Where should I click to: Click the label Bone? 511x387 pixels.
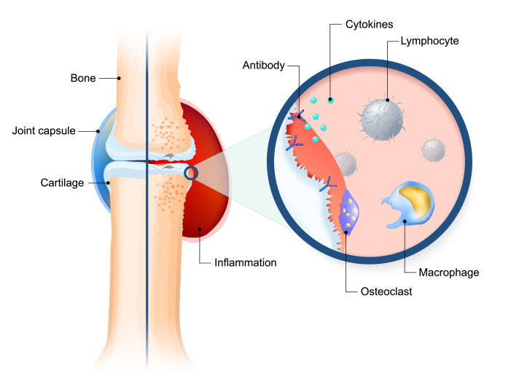pyautogui.click(x=83, y=77)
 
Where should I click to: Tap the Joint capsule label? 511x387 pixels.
pyautogui.click(x=45, y=131)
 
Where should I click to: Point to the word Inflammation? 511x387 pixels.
pyautogui.click(x=246, y=262)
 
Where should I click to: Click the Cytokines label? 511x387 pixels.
pyautogui.click(x=370, y=24)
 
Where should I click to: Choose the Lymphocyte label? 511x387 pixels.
pyautogui.click(x=429, y=42)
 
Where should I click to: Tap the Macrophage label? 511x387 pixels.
pyautogui.click(x=448, y=273)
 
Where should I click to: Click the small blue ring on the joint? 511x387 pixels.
pyautogui.click(x=192, y=173)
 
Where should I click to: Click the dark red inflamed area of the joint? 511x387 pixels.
pyautogui.click(x=206, y=211)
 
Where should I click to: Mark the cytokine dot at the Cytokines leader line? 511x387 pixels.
pyautogui.click(x=330, y=99)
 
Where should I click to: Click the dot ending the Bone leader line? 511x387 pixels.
pyautogui.click(x=121, y=77)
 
